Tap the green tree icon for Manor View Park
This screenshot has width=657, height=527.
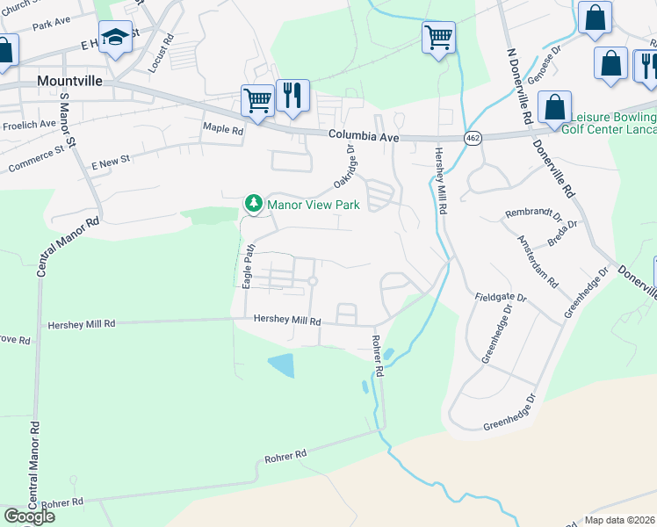254,204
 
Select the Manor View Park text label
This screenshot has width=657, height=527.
314,205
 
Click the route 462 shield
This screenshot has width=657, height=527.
472,139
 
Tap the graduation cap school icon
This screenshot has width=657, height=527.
115,38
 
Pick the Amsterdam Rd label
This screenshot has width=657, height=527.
538,262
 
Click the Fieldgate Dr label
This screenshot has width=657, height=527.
501,299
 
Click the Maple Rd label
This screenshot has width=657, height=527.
223,129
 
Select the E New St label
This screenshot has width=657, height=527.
111,162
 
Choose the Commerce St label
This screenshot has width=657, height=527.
36,159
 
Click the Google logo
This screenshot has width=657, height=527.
29,516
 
